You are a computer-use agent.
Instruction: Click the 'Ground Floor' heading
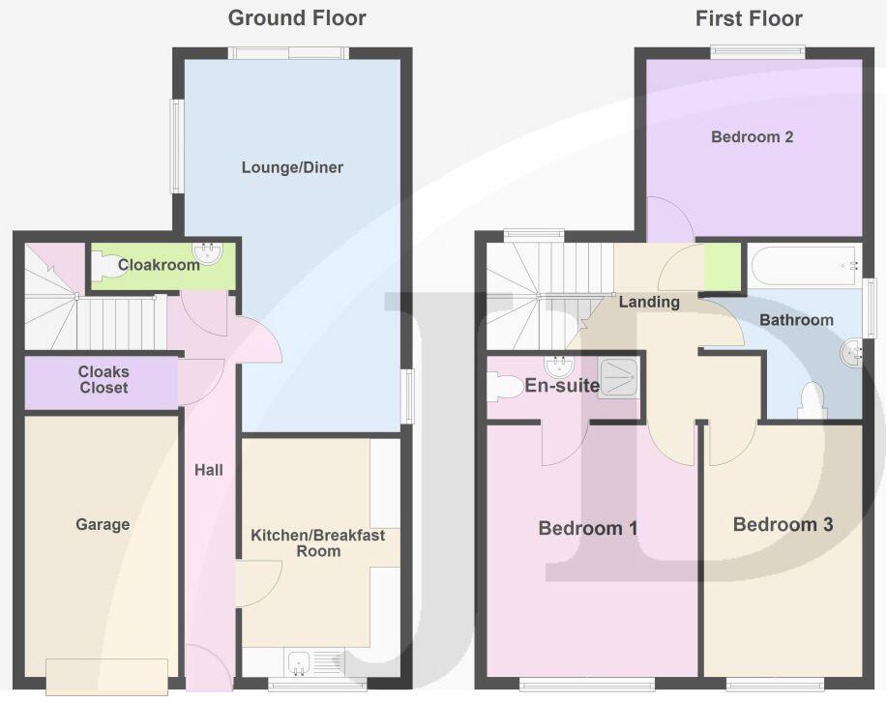pyautogui.click(x=297, y=17)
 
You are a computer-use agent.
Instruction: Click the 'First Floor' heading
pyautogui.click(x=749, y=17)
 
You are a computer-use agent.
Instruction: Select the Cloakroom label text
pyautogui.click(x=159, y=264)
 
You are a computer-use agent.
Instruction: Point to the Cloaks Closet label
pyautogui.click(x=103, y=380)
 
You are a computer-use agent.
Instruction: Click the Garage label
pyautogui.click(x=103, y=524)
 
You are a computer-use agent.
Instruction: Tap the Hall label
pyautogui.click(x=208, y=470)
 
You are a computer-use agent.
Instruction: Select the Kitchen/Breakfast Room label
pyautogui.click(x=317, y=542)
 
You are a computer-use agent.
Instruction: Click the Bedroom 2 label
pyautogui.click(x=752, y=137)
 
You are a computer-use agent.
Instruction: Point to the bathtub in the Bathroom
pyautogui.click(x=803, y=264)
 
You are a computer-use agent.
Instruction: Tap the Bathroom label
pyautogui.click(x=795, y=320)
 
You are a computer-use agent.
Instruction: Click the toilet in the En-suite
pyautogui.click(x=504, y=387)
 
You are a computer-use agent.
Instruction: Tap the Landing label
pyautogui.click(x=649, y=302)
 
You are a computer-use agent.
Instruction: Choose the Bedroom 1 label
pyautogui.click(x=587, y=528)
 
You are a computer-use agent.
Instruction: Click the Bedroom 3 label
pyautogui.click(x=783, y=524)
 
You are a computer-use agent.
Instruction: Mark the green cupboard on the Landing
pyautogui.click(x=721, y=268)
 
